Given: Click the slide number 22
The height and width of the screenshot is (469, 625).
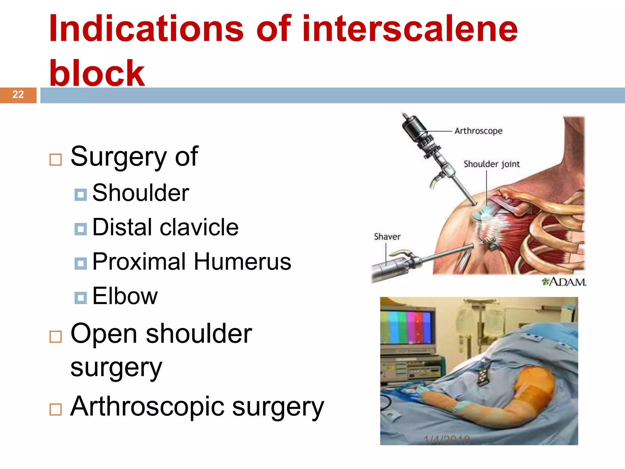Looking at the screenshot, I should click(18, 95).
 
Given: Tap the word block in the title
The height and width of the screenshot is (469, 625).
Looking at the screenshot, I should click(97, 73).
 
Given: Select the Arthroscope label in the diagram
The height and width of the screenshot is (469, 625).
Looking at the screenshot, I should click(478, 131).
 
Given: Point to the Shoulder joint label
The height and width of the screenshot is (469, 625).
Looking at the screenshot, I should click(491, 164).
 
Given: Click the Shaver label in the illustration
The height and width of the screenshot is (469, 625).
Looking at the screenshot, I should click(387, 237).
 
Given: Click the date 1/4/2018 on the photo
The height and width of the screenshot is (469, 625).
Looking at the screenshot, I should click(447, 440).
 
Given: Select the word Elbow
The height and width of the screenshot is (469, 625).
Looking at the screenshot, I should click(125, 296).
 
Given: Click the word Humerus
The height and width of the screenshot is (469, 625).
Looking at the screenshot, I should click(242, 262).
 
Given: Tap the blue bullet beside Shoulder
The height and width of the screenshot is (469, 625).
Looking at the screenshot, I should click(81, 194).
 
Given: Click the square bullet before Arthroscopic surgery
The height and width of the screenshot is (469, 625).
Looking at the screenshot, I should click(56, 409).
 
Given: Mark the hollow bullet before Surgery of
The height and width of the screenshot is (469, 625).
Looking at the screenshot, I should click(56, 159).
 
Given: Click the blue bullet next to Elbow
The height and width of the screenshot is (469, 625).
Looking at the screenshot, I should click(81, 297).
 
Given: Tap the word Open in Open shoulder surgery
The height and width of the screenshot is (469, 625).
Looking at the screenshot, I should click(103, 334).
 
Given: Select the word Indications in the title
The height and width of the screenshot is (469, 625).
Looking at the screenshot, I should click(146, 29).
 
